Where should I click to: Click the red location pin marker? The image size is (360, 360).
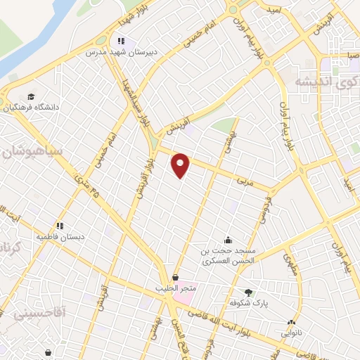181,165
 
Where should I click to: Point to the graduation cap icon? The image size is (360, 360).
31,96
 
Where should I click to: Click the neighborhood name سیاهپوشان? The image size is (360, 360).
33,151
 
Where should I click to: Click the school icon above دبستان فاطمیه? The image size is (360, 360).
60,226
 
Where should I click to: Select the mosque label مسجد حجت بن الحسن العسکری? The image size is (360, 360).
227,255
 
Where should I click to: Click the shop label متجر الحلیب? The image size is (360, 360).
175,288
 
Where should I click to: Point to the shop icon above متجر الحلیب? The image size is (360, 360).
174,277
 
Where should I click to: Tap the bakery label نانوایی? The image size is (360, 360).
292,331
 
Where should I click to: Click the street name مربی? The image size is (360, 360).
243,181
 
